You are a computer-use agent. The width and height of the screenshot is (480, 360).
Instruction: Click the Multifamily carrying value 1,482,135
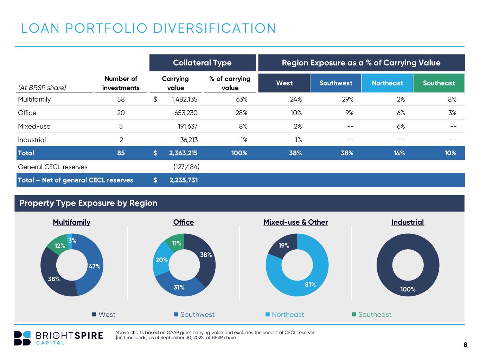point(184,99)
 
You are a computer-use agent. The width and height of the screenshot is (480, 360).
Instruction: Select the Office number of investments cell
point(121,113)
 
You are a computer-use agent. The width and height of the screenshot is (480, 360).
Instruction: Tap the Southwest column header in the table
point(336,83)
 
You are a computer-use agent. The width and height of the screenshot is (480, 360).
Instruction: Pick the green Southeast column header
point(439,83)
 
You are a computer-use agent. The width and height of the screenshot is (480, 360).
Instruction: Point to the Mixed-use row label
point(29,126)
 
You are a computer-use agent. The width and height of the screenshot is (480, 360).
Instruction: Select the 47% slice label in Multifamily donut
point(94,266)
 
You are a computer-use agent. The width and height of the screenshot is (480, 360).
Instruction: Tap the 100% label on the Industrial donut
point(408,289)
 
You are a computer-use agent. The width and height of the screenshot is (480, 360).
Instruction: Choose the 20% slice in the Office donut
point(161,260)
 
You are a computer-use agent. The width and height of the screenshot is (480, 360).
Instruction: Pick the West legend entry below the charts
point(104,315)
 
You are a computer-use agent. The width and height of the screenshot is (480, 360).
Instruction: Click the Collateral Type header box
point(202,63)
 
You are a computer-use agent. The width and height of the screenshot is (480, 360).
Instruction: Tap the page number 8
point(465,345)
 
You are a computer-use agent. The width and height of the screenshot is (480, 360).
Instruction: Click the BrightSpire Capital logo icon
point(23,338)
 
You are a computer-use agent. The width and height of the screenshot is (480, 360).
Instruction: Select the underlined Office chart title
point(184,222)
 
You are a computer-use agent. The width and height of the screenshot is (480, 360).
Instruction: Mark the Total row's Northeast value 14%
point(399,153)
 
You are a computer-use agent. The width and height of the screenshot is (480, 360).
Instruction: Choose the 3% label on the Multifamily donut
point(72,241)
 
